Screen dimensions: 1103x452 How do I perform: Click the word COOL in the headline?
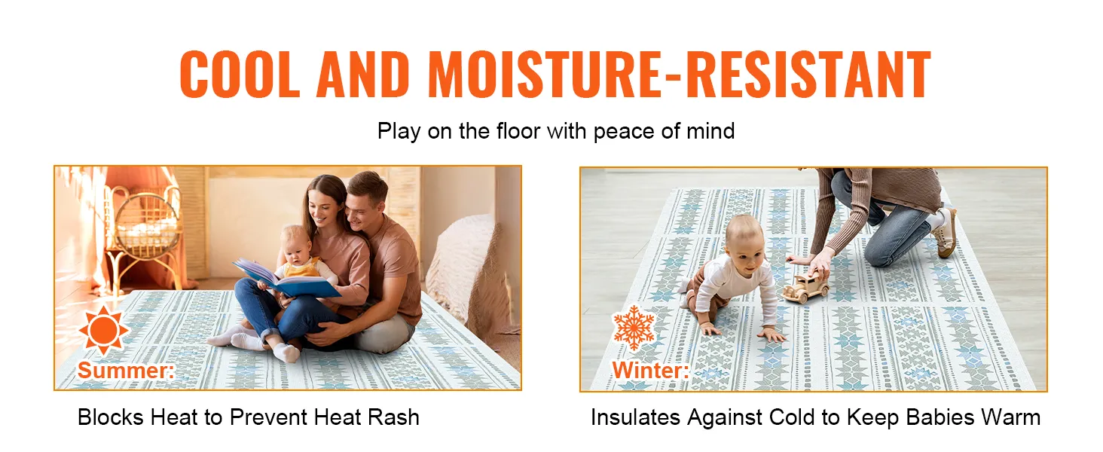click(240, 75)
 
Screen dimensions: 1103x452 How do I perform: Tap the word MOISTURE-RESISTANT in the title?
click(680, 75)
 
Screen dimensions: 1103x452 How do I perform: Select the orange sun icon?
click(103, 330)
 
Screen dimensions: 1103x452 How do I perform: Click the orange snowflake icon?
click(634, 328)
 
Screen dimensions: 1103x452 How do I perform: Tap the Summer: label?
click(126, 371)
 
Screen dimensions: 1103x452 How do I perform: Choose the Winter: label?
click(650, 371)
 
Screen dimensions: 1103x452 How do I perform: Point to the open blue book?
click(286, 278)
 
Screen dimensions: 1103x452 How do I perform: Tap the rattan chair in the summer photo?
click(144, 237)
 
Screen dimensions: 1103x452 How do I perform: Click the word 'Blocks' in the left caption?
click(110, 417)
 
